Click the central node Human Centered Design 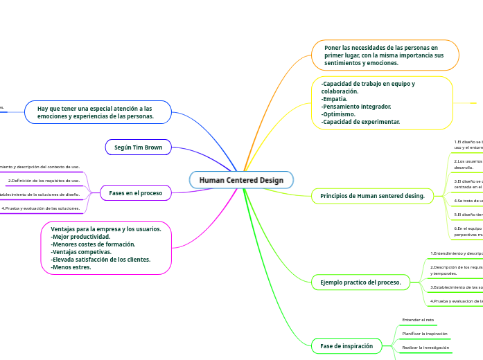[241, 180]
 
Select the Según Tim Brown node [139, 147]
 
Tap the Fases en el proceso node [135, 192]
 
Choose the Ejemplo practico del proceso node [360, 282]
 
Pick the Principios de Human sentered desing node [372, 196]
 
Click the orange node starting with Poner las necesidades [385, 55]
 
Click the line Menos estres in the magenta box [71, 267]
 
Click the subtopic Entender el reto [418, 320]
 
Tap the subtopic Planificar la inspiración [425, 334]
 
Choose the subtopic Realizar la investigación [425, 347]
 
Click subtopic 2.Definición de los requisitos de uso [44, 181]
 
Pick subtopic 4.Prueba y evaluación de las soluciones [40, 208]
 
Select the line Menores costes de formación [93, 244]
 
